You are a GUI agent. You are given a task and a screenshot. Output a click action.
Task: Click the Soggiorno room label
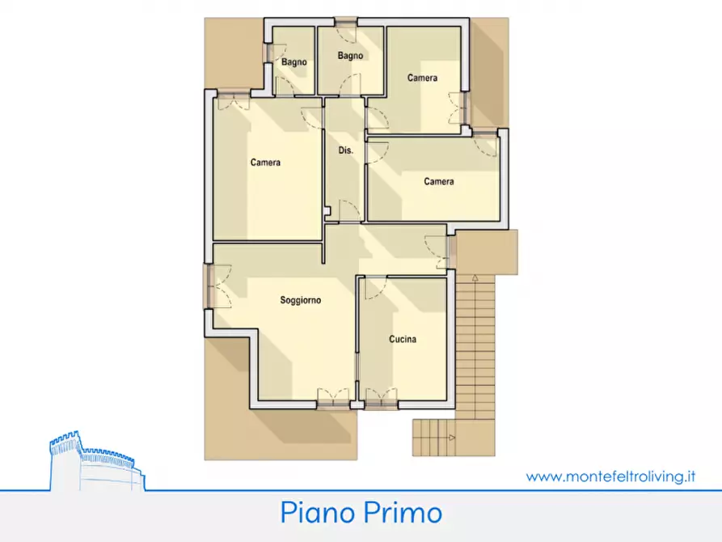301,300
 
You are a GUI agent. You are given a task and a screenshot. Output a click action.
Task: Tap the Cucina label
403,340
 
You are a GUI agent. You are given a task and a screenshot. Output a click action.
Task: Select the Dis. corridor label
344,151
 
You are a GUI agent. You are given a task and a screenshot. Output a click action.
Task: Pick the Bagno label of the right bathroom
350,56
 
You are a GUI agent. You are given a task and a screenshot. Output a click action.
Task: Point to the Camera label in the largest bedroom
265,163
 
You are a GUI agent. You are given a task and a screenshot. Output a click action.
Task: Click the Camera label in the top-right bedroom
422,78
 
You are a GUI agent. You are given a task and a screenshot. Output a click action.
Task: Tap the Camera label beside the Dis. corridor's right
438,182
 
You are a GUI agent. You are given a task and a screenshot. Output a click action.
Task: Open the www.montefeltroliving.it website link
610,476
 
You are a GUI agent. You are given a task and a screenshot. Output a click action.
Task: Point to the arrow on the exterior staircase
476,278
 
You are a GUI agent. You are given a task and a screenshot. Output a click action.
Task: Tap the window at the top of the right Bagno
347,23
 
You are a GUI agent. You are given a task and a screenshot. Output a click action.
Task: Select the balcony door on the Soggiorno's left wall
209,286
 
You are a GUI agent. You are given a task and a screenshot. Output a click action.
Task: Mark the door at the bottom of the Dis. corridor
348,210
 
